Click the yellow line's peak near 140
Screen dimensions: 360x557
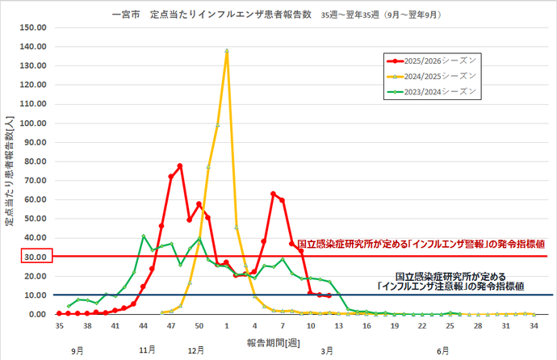click(227, 50)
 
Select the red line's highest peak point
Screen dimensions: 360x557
click(180, 165)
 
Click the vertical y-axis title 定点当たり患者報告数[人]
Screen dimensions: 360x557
click(10, 170)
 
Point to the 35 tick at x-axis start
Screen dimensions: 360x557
click(59, 326)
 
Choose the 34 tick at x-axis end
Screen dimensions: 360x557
click(534, 326)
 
